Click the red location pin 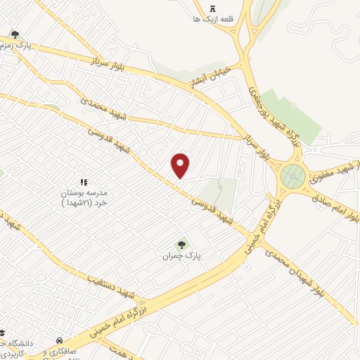[181, 165]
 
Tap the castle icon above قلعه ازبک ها [212, 8]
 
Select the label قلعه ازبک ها [212, 20]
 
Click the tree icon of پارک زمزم [15, 35]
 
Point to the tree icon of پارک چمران [182, 245]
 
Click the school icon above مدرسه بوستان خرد [83, 182]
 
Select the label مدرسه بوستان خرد [83, 198]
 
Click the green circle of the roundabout [293, 176]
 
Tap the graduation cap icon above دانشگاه [2, 332]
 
